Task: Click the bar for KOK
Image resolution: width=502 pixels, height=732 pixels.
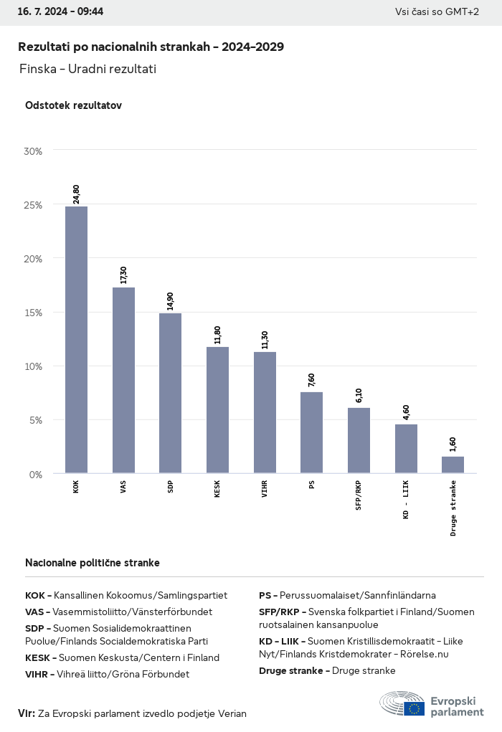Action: pyautogui.click(x=76, y=340)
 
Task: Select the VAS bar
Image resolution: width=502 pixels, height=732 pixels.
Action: pyautogui.click(x=123, y=380)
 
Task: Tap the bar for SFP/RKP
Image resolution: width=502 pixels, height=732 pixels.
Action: pyautogui.click(x=359, y=440)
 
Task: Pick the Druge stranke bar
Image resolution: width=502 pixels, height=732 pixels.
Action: pyautogui.click(x=453, y=465)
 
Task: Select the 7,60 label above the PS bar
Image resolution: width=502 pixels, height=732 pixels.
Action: pyautogui.click(x=311, y=380)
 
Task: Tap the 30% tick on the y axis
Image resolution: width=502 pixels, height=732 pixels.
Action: pyautogui.click(x=33, y=151)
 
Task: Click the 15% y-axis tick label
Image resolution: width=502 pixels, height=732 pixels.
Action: pyautogui.click(x=33, y=313)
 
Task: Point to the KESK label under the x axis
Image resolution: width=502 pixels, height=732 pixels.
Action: pyautogui.click(x=217, y=490)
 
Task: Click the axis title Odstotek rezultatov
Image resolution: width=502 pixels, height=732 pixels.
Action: pyautogui.click(x=73, y=105)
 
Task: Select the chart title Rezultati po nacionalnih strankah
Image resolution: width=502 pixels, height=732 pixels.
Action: pyautogui.click(x=151, y=47)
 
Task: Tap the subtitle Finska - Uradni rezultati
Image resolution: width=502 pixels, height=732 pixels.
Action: pyautogui.click(x=87, y=69)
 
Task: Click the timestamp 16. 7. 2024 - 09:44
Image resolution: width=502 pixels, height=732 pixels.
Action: pyautogui.click(x=60, y=11)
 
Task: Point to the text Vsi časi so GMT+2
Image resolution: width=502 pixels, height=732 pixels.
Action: pyautogui.click(x=437, y=11)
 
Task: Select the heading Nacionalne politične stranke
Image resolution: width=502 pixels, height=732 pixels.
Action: pyautogui.click(x=93, y=563)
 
